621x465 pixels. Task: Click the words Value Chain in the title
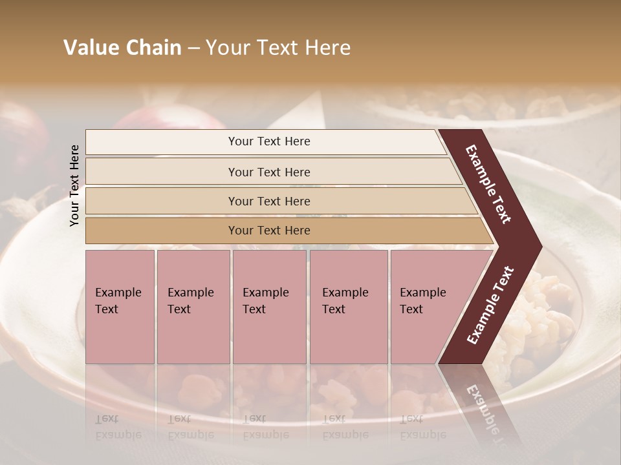click(x=122, y=48)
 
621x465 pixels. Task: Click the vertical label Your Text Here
click(x=74, y=185)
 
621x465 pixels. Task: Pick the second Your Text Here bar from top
click(x=268, y=172)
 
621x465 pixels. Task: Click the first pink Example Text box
click(x=120, y=307)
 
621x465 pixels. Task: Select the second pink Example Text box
click(x=193, y=307)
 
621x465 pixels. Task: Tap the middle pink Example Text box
click(x=269, y=307)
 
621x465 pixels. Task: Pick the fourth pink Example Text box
click(x=349, y=307)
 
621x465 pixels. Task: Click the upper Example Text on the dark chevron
click(x=488, y=184)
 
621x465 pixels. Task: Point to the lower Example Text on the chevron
click(x=490, y=305)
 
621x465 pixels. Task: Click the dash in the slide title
click(x=193, y=48)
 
